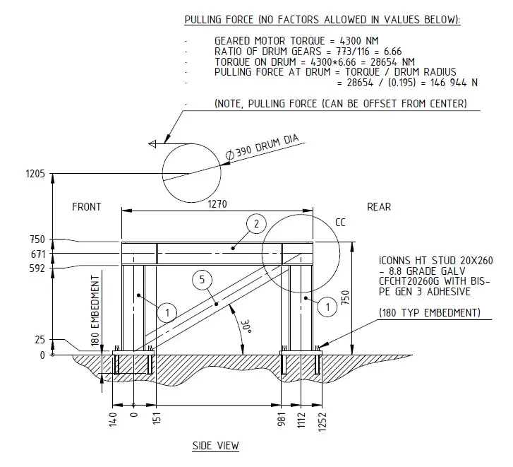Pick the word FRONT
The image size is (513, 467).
[87, 207]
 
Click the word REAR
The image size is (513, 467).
[379, 207]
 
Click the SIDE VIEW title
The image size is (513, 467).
[215, 446]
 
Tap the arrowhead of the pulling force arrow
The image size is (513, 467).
[152, 145]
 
